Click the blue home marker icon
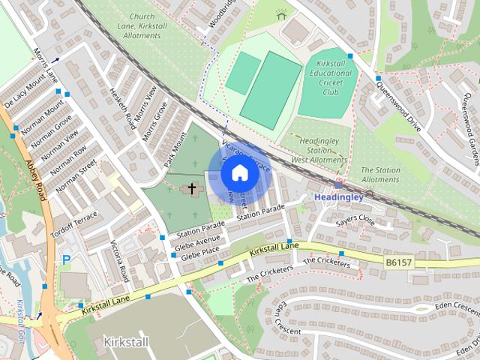click(x=238, y=172)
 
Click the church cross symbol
click(x=193, y=188)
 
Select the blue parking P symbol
click(x=66, y=260)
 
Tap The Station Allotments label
click(x=380, y=175)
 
